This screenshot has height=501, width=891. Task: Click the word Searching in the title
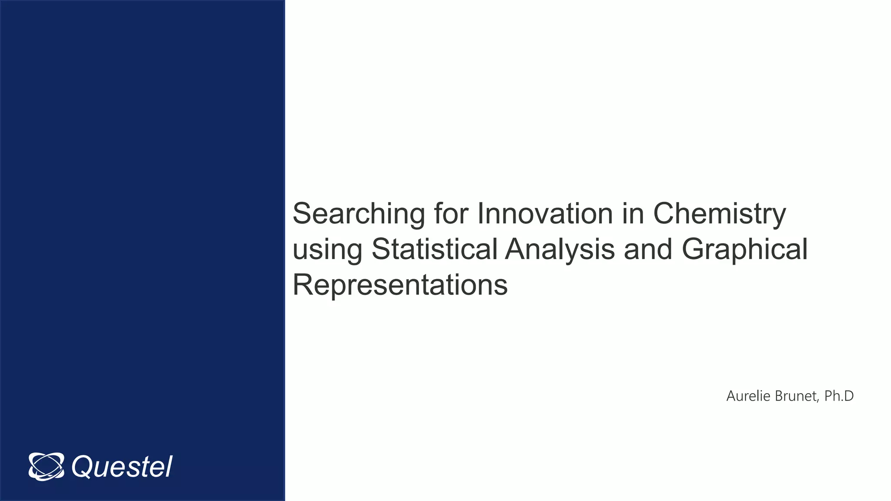(358, 214)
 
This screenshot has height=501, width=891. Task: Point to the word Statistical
(434, 249)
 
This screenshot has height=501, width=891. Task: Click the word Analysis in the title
(560, 250)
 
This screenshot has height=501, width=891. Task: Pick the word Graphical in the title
(744, 250)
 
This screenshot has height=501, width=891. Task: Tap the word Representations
(400, 285)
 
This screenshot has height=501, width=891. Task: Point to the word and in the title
(648, 249)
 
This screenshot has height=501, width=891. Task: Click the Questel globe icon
(46, 467)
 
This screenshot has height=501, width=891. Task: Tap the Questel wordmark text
(122, 467)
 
